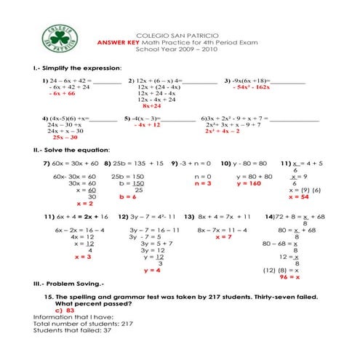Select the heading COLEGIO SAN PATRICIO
click(177, 35)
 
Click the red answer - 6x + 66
click(62, 94)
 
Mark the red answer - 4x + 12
click(147, 124)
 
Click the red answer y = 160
click(249, 183)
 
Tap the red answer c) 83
click(65, 310)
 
